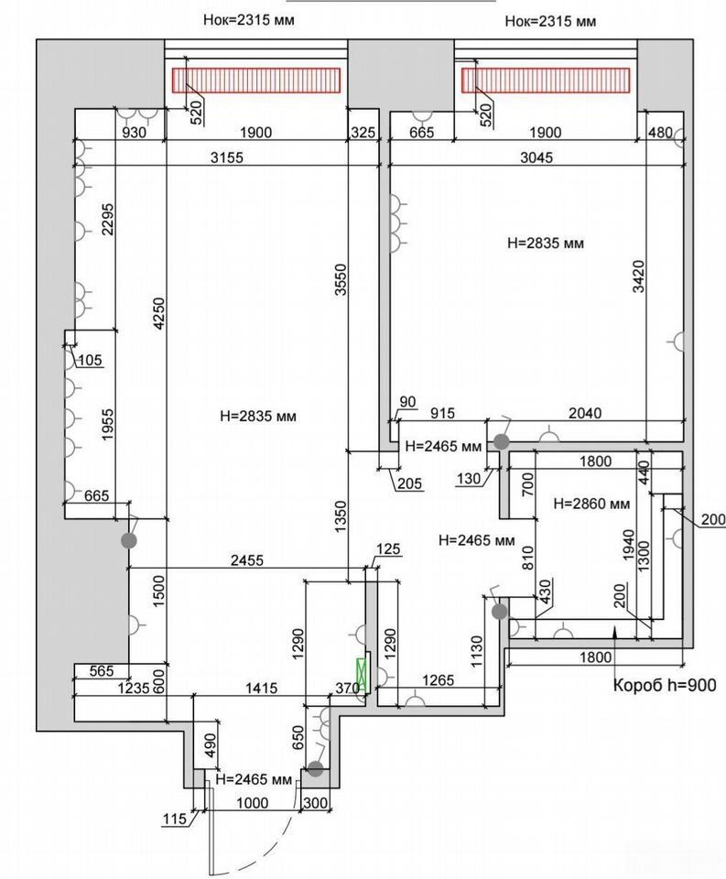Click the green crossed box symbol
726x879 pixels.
363,675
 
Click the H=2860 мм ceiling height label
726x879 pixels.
591,504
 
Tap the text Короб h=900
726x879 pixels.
665,685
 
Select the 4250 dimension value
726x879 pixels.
159,313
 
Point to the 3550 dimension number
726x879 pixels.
341,280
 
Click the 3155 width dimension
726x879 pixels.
227,157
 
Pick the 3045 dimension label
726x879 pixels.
536,157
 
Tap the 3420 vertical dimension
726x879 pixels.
638,277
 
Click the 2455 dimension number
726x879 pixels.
247,559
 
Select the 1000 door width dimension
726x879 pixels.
253,803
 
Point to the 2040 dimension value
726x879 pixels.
585,413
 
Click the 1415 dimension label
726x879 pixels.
261,687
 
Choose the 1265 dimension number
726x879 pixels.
439,680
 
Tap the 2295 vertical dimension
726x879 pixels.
108,219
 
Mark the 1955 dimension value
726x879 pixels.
108,425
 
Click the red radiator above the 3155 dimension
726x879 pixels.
256,81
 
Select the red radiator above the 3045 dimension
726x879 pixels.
546,81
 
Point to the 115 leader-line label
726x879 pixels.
174,819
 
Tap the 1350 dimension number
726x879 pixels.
341,516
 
